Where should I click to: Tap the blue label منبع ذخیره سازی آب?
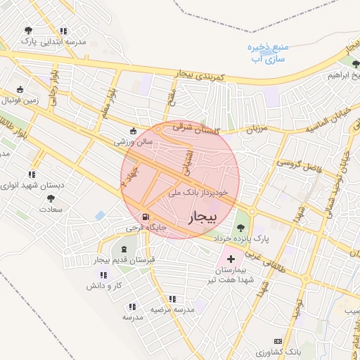click(x=269, y=53)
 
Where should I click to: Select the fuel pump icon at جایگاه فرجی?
click(x=146, y=217)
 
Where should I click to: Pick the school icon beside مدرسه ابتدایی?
click(x=64, y=31)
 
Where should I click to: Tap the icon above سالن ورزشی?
click(x=134, y=130)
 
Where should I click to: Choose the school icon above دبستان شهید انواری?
click(x=31, y=174)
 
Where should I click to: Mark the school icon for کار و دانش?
click(x=115, y=275)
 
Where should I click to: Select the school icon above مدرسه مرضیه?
click(x=172, y=298)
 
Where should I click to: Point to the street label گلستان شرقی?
click(x=193, y=123)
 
